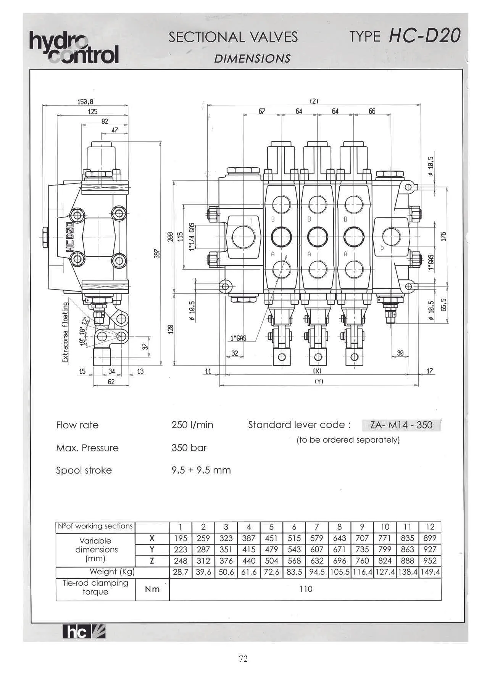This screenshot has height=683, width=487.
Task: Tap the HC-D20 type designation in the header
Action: (x=424, y=37)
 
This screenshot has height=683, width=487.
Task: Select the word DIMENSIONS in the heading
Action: (x=252, y=58)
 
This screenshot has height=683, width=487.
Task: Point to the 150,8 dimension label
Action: (x=85, y=102)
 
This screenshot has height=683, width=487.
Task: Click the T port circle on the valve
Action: (x=243, y=237)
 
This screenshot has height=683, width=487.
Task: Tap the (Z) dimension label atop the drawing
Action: (x=314, y=101)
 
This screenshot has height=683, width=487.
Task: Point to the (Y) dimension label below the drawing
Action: (x=319, y=381)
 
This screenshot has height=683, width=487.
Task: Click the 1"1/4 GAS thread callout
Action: (x=192, y=237)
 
